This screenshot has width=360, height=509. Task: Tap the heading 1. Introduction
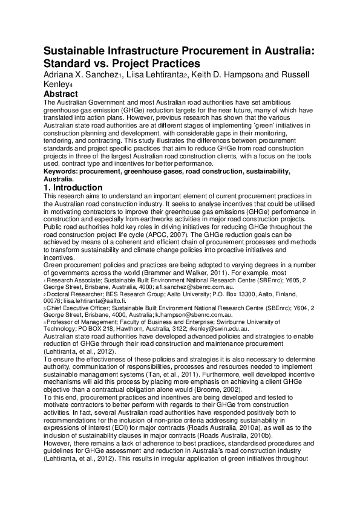73,188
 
